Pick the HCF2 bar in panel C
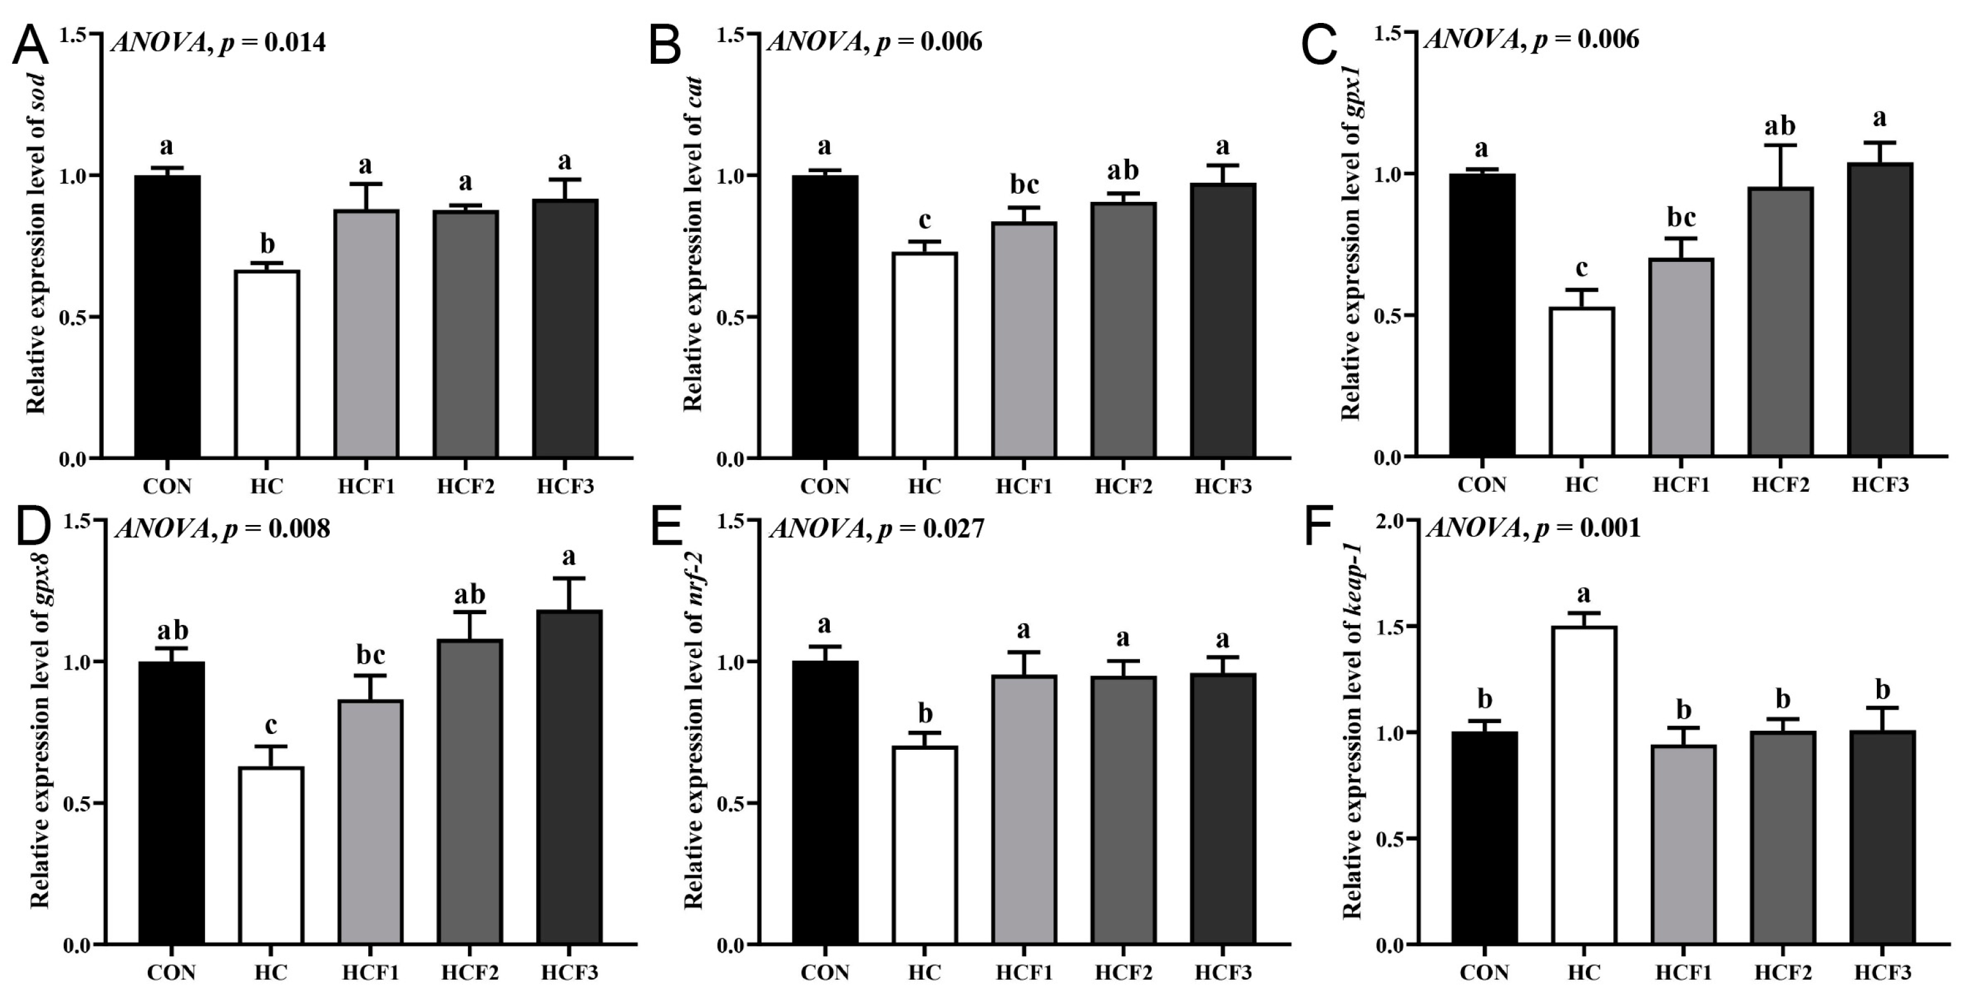(x=1781, y=322)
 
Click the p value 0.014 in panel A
(x=295, y=42)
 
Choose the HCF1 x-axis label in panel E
(x=1024, y=972)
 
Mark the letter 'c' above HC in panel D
(x=271, y=725)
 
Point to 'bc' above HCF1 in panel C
(x=1682, y=219)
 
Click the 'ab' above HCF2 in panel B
(x=1123, y=170)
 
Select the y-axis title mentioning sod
(x=37, y=245)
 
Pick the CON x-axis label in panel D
(x=171, y=972)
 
